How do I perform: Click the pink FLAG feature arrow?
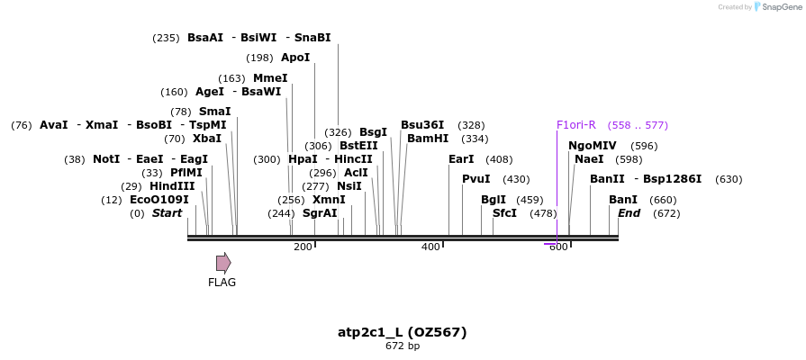click(223, 263)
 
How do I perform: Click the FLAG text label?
click(222, 283)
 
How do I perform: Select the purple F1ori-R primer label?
click(575, 125)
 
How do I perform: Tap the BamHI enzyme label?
click(428, 139)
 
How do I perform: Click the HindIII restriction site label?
click(172, 186)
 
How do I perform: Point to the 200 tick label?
click(303, 247)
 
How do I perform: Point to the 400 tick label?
click(430, 247)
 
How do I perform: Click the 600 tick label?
click(558, 247)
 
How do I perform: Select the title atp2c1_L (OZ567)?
click(402, 332)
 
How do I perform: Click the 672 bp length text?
click(402, 346)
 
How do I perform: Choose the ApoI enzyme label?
click(295, 58)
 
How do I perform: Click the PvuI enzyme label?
click(475, 179)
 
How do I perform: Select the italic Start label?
click(167, 213)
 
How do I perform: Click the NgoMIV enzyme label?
click(592, 146)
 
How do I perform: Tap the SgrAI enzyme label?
click(320, 213)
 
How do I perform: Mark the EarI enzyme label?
click(461, 159)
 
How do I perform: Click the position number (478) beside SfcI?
click(543, 213)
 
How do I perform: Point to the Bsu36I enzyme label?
click(422, 125)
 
